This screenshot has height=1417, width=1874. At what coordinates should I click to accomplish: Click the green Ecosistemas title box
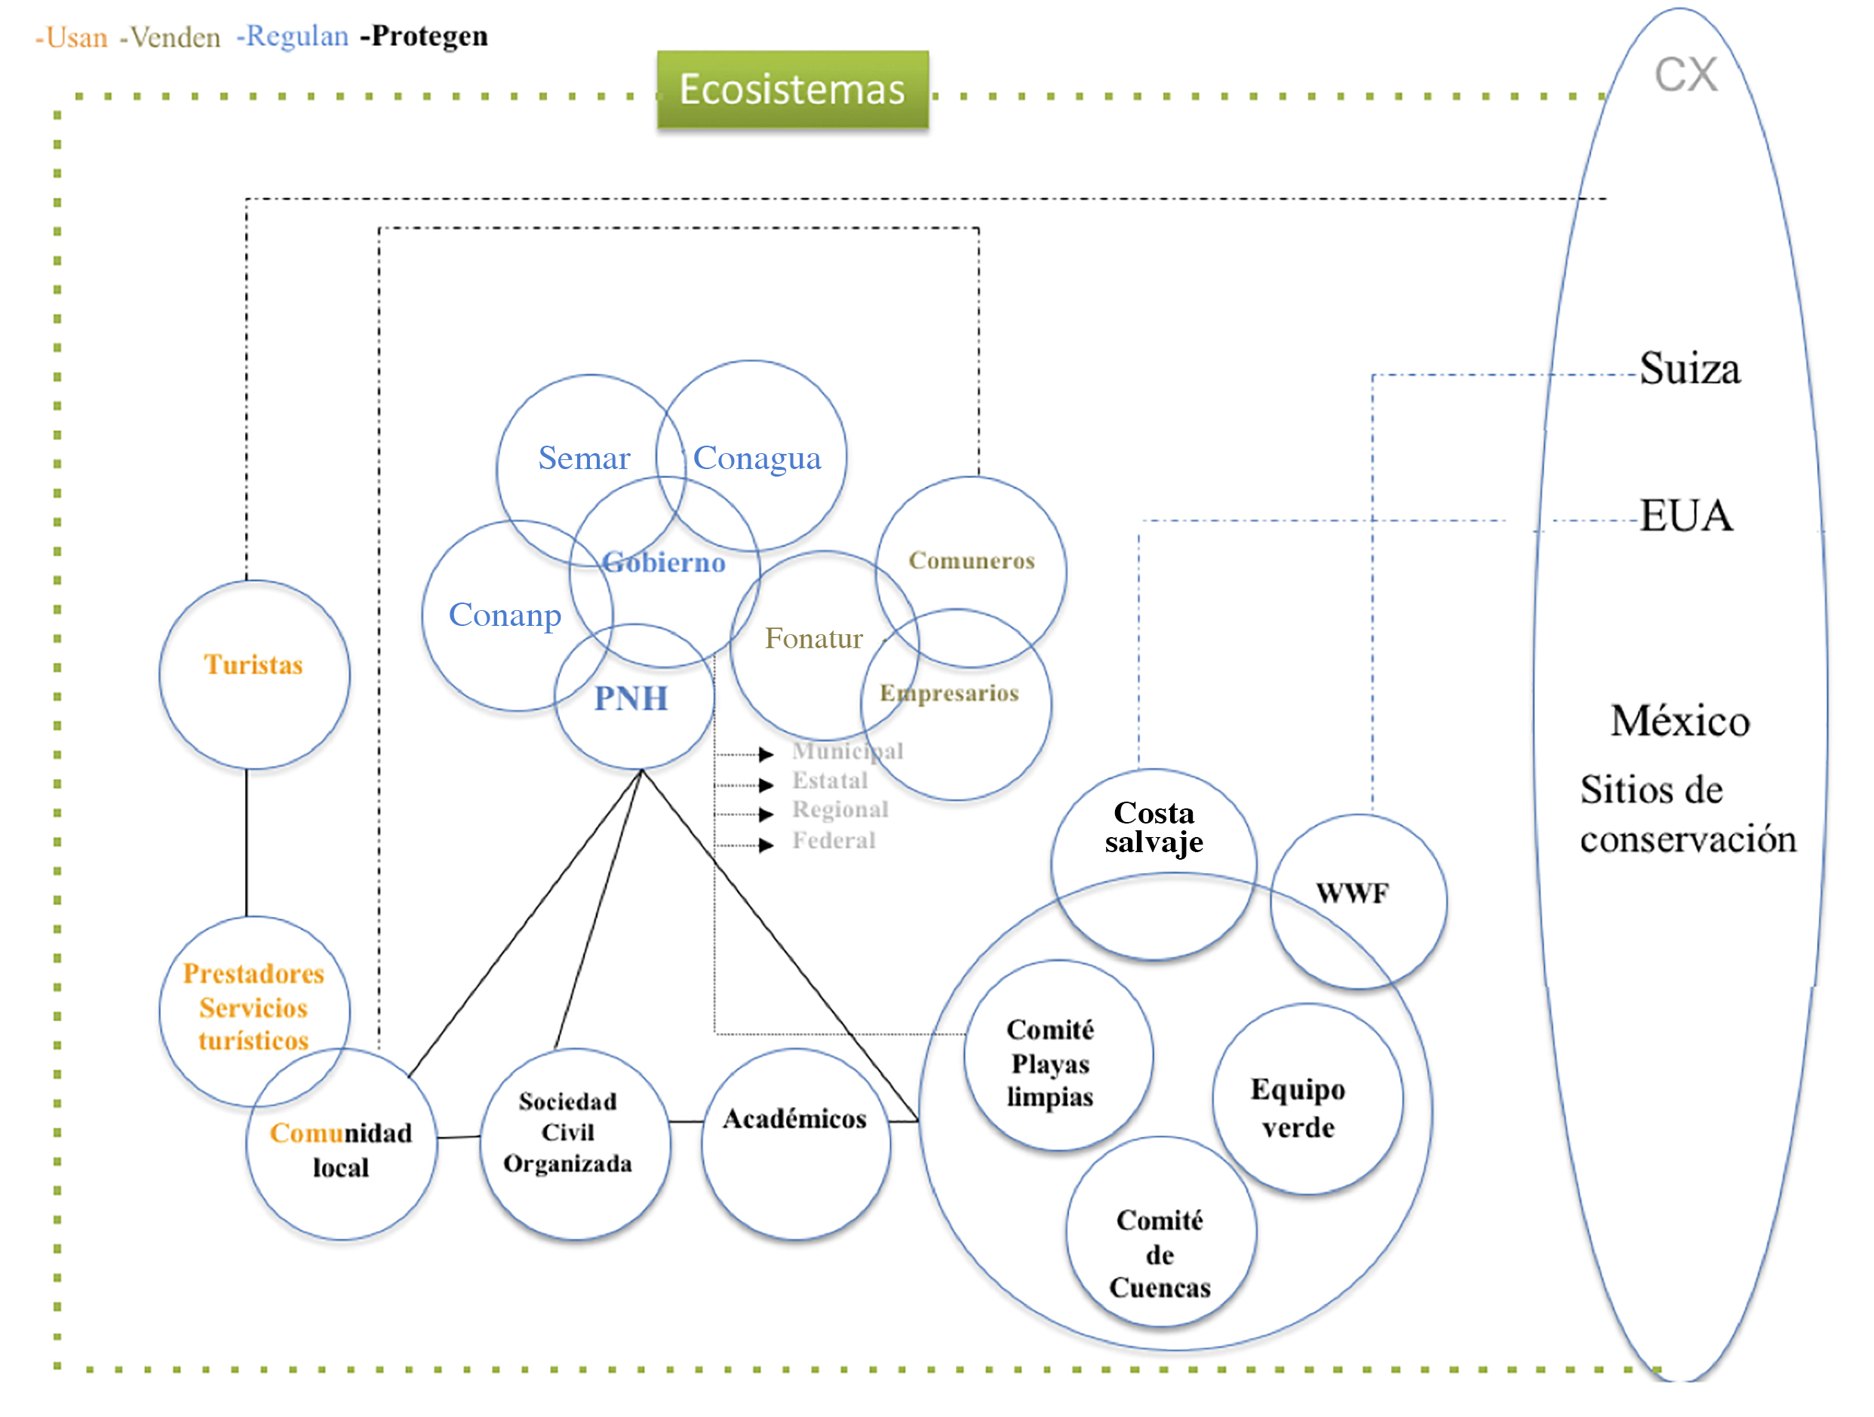click(792, 89)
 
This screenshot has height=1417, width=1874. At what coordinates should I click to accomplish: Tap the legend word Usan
click(76, 37)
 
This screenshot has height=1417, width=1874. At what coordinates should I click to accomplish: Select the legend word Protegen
click(429, 35)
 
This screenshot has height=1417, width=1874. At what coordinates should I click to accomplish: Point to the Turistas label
click(253, 665)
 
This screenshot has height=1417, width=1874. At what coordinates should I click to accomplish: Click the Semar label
click(584, 459)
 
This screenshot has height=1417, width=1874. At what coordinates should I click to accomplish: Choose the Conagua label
click(757, 459)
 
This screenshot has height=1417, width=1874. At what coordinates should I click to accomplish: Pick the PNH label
click(631, 699)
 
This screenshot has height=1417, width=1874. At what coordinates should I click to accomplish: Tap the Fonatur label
click(813, 639)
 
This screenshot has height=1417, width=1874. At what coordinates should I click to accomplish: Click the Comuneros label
click(972, 561)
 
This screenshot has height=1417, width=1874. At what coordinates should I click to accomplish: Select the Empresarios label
click(949, 693)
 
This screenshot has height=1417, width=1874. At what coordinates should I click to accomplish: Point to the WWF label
click(1352, 893)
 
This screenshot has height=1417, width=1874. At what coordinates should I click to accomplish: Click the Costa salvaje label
click(1154, 827)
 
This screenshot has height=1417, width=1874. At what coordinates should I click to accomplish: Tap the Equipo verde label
click(1298, 1108)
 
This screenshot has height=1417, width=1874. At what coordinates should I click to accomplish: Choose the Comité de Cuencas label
click(1160, 1254)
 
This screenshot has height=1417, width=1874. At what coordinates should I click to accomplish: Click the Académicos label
click(794, 1119)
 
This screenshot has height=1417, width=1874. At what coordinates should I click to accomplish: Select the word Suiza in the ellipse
click(1689, 370)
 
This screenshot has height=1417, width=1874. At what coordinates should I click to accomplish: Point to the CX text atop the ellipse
click(1686, 75)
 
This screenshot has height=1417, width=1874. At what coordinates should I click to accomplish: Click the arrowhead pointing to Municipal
click(766, 754)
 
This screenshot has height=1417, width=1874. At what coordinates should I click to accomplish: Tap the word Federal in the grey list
click(834, 841)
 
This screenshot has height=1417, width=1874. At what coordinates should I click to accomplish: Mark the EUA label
click(1686, 516)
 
